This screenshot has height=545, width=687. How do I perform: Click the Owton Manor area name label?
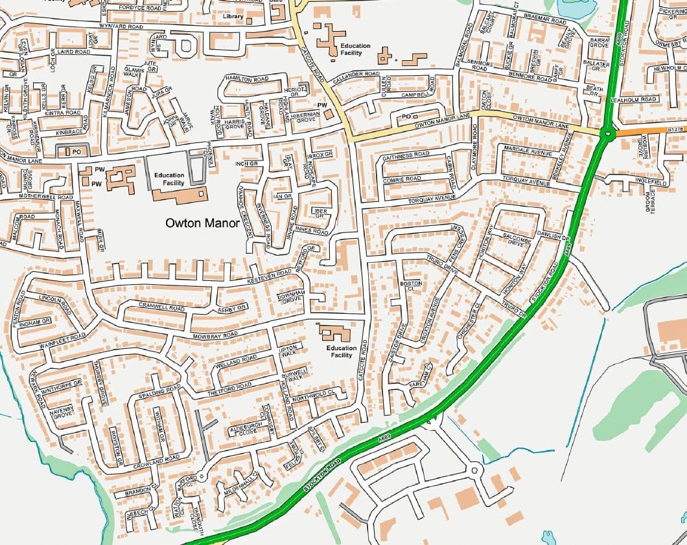tap(202, 223)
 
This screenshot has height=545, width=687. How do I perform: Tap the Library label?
tap(233, 16)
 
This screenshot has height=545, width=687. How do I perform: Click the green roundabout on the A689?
tap(607, 135)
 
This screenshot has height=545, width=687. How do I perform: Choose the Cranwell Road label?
tap(161, 306)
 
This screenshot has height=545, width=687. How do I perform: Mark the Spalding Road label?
tap(159, 391)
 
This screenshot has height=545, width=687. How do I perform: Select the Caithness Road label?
tap(406, 155)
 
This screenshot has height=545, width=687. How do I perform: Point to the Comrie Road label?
tap(402, 178)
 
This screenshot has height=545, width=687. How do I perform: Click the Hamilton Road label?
tap(246, 78)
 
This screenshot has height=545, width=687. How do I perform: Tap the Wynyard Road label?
tap(121, 27)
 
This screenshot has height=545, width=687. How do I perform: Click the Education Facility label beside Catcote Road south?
tap(341, 351)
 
